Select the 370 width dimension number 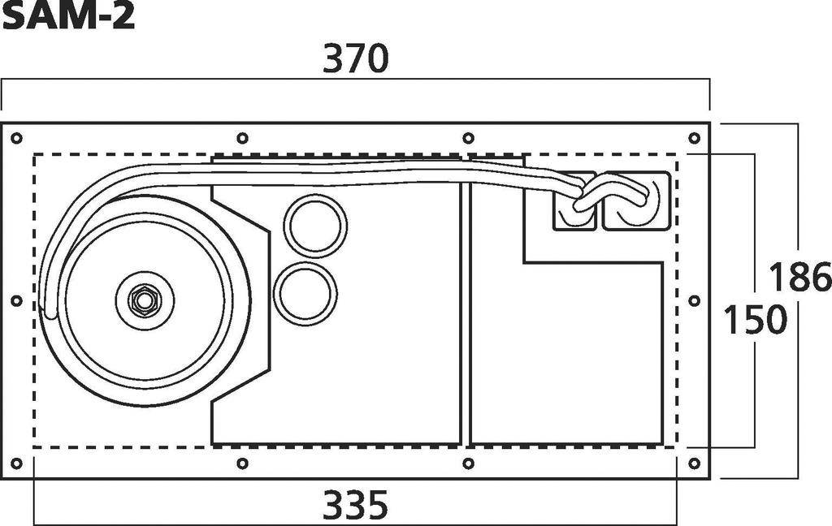point(356,60)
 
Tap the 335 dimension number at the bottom point(356,507)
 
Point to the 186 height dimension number point(799,278)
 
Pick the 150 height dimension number point(755,319)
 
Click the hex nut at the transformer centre point(144,300)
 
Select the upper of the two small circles point(315,226)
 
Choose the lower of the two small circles point(305,293)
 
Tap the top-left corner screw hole point(16,138)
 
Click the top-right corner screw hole point(694,138)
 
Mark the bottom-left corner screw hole point(16,463)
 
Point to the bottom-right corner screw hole point(694,463)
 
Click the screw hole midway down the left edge point(16,300)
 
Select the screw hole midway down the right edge point(694,300)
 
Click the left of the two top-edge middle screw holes point(242,138)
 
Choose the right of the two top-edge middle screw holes point(468,138)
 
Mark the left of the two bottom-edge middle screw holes point(242,463)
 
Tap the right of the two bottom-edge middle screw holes point(468,463)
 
